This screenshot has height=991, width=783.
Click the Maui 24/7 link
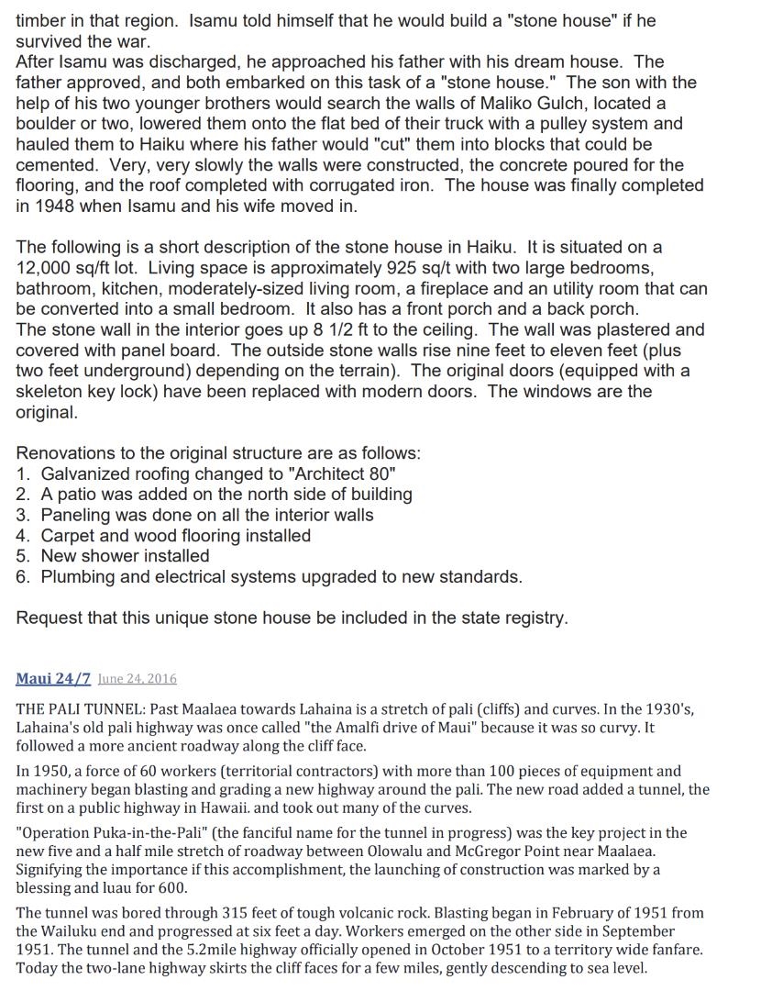click(52, 679)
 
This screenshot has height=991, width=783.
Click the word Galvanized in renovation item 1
click(85, 473)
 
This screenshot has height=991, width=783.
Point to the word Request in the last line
click(50, 618)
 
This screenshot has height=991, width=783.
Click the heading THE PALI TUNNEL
click(85, 709)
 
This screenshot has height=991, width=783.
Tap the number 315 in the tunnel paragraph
click(236, 913)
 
